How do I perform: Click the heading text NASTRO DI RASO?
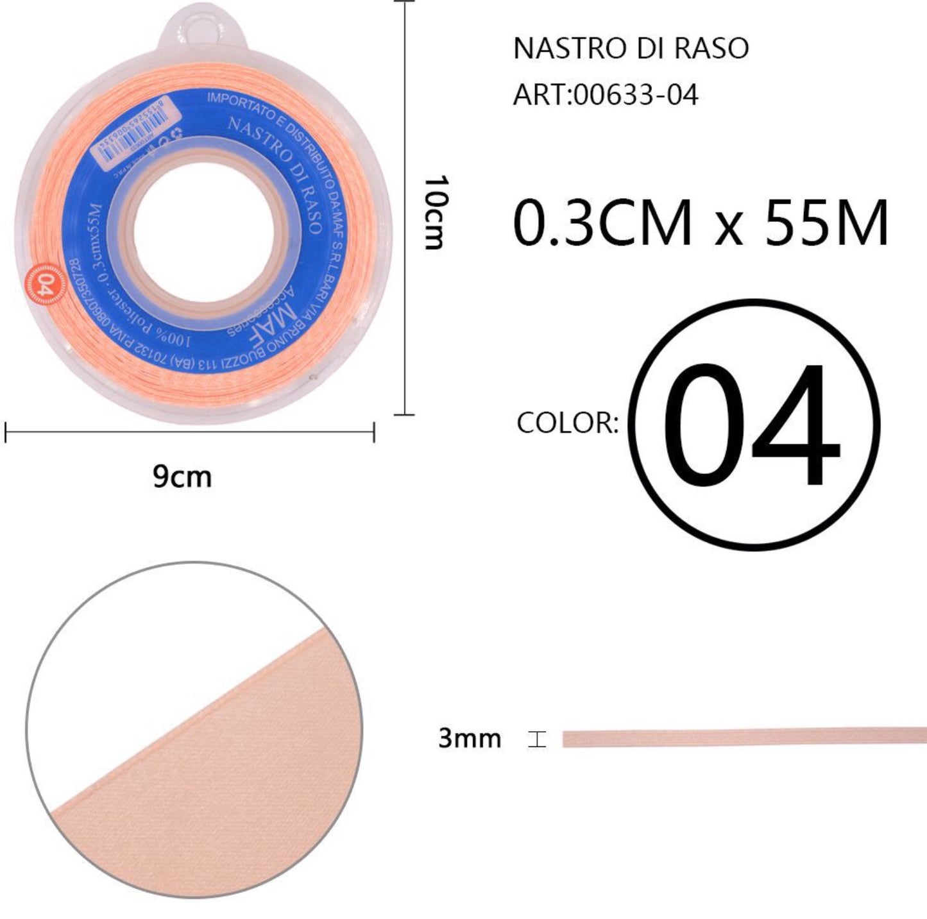pos(631,49)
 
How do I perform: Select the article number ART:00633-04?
pos(605,96)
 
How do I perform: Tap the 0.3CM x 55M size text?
pos(701,223)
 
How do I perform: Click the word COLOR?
pos(567,423)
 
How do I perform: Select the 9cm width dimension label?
pos(182,477)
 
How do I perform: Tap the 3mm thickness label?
pos(469,738)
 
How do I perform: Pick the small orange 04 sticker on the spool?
pos(44,283)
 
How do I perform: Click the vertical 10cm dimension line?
pos(404,208)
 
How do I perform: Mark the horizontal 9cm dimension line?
pos(190,432)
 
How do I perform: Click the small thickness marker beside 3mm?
pos(537,739)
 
